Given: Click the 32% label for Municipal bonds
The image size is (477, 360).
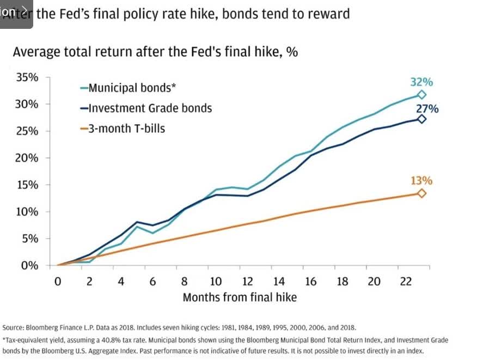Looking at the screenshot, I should click(x=421, y=82).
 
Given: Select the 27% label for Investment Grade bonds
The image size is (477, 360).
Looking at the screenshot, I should click(x=427, y=108).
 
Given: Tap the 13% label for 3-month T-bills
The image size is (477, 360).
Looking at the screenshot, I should click(x=421, y=181).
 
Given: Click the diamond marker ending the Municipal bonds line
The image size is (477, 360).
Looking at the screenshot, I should click(x=421, y=95).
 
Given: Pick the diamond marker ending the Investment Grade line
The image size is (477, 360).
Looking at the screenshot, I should click(x=421, y=119).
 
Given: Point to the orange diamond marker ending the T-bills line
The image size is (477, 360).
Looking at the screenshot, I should click(x=421, y=193).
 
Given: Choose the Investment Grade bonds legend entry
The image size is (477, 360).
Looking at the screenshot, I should click(x=145, y=108).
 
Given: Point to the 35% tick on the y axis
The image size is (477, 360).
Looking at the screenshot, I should click(x=27, y=77).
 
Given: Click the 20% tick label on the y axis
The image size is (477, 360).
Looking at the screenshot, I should click(x=27, y=158).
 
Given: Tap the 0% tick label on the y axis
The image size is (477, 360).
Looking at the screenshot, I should click(x=30, y=266).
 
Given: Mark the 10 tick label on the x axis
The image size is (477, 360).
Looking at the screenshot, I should click(x=216, y=282).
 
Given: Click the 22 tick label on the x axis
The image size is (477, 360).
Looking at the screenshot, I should click(x=405, y=282).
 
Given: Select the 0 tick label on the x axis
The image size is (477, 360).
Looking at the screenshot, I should click(x=57, y=282).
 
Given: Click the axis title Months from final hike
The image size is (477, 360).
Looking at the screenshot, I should click(x=240, y=297).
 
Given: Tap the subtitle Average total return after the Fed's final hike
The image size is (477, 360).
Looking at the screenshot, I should click(x=155, y=52).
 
